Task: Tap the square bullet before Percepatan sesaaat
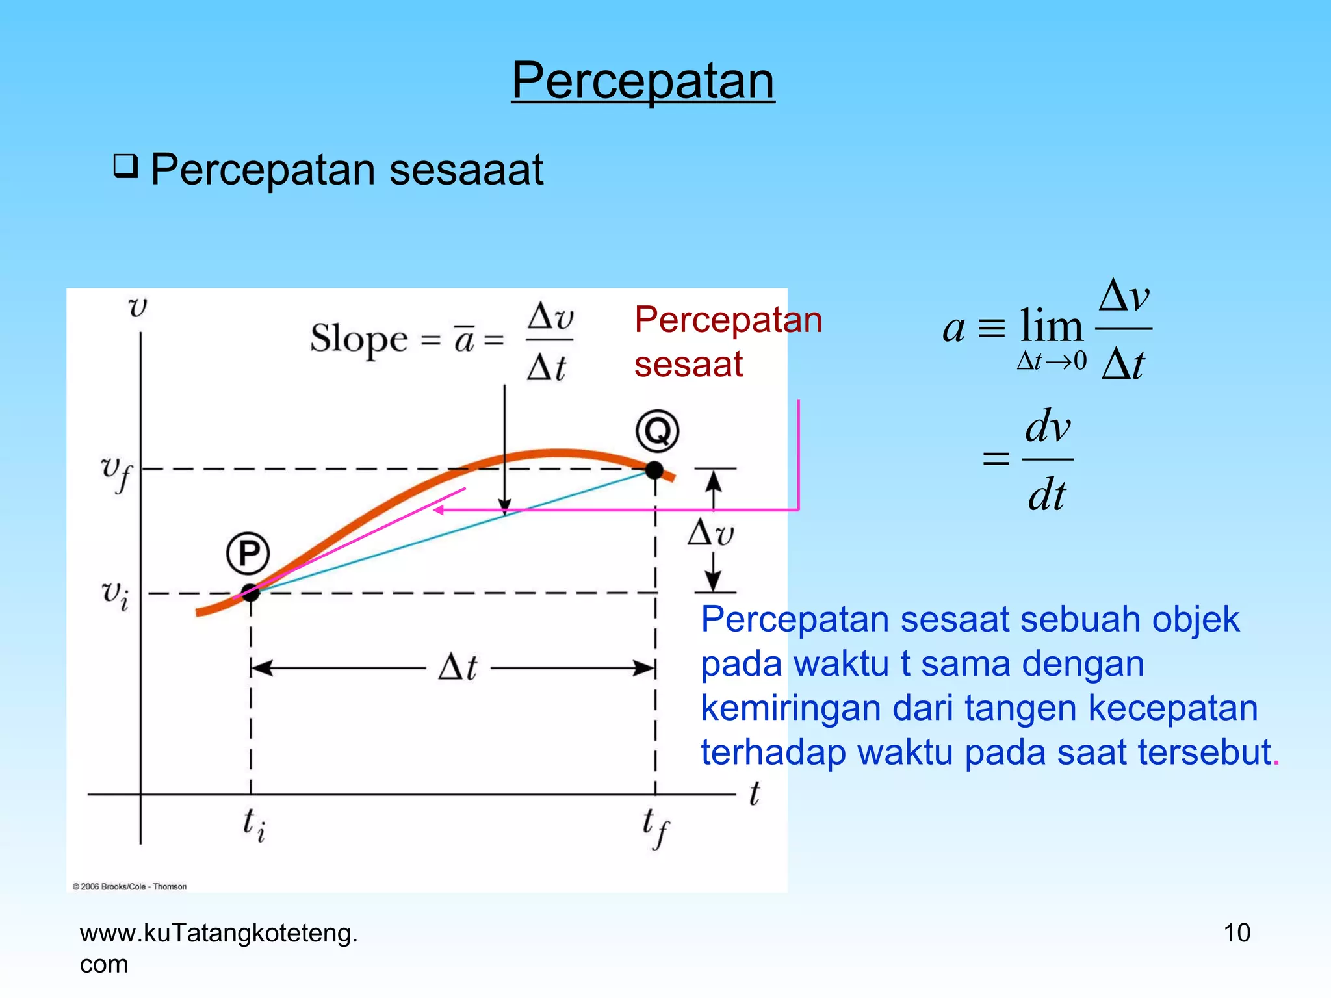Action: coord(125,166)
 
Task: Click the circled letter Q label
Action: coord(657,431)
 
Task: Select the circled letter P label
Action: coord(248,554)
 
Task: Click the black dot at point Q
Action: coord(654,470)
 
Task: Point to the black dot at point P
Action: coord(250,593)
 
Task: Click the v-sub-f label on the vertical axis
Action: coord(116,472)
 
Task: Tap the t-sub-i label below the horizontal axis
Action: coord(253,825)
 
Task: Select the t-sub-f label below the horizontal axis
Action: coord(655,826)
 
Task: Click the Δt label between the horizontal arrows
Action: coord(458,667)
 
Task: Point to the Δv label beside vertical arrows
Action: coord(710,533)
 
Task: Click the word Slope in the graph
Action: coord(358,339)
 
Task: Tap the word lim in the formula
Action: coord(1051,326)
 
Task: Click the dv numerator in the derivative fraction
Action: coord(1048,427)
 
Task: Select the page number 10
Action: coord(1236,933)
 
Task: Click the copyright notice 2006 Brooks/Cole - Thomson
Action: coord(129,886)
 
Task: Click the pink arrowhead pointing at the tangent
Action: coord(439,511)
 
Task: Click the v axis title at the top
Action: coord(138,307)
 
